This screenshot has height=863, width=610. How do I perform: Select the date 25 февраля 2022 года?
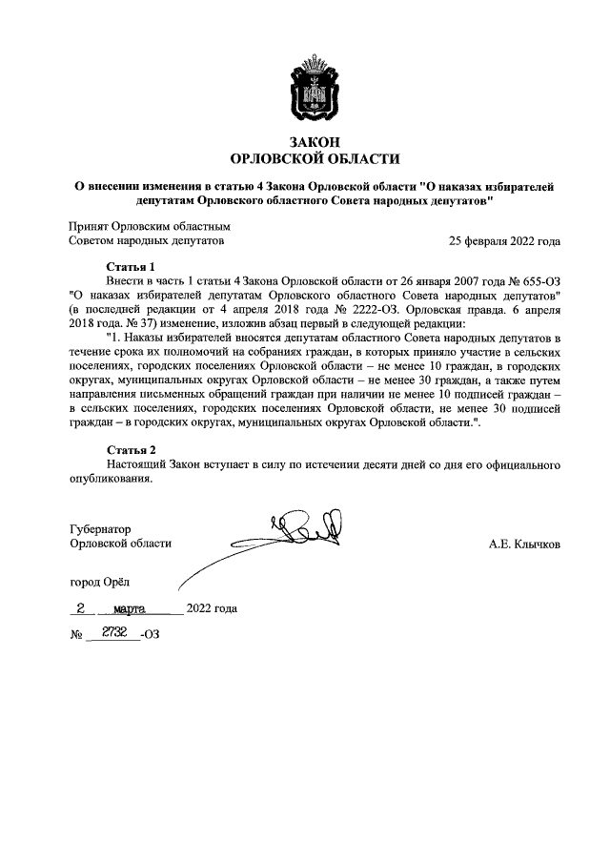click(504, 241)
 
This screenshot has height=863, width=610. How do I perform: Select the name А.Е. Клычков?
click(524, 544)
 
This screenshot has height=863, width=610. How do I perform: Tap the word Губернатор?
click(101, 528)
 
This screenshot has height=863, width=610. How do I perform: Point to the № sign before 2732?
click(76, 633)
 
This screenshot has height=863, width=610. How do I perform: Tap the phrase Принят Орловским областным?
click(150, 227)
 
